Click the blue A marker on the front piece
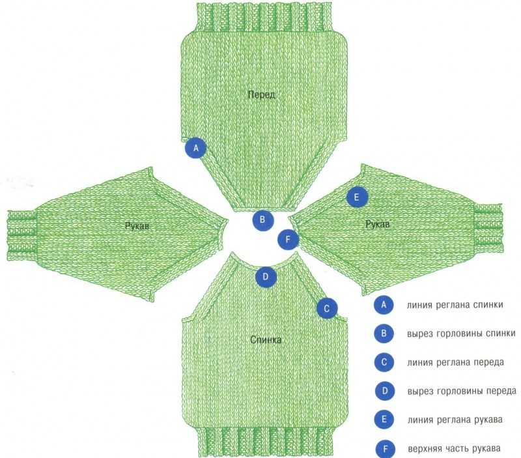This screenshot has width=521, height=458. point(196,148)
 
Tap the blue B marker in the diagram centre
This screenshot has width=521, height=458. point(263,220)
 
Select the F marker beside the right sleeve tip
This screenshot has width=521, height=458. point(288,239)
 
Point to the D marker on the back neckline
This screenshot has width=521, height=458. point(266,276)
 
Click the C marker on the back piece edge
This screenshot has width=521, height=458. point(327,308)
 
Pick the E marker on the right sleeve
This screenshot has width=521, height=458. point(357,197)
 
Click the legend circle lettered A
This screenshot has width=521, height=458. point(384,305)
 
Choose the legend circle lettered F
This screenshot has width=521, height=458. point(386,450)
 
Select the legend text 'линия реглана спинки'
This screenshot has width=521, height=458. point(455,305)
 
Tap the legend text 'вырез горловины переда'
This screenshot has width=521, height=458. point(462,391)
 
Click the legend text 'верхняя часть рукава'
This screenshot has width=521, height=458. point(454,449)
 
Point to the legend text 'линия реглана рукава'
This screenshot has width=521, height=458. point(455,420)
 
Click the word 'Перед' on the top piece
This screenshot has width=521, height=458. point(262,94)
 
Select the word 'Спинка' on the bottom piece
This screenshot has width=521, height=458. point(266,339)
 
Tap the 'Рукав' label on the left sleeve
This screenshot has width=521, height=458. point(137,226)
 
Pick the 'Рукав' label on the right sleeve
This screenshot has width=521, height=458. point(378,224)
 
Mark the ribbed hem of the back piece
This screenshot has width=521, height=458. point(266,440)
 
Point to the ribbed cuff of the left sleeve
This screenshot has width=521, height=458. point(22,235)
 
